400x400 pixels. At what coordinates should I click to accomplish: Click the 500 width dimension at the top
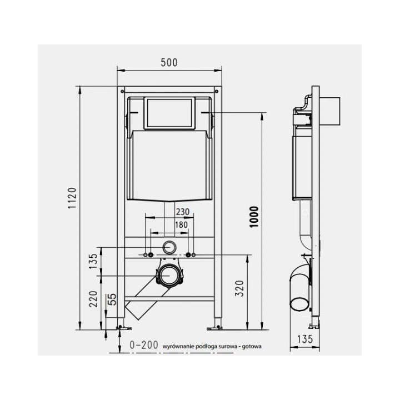(x=169, y=63)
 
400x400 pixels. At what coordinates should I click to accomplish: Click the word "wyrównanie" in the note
(x=176, y=346)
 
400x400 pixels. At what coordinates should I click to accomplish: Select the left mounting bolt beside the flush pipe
(x=149, y=255)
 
